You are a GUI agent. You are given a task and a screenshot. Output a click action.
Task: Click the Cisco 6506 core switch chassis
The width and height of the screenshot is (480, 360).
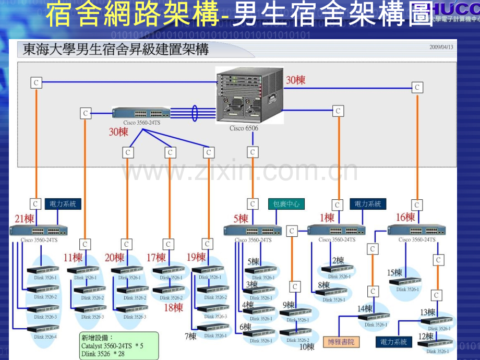click(x=250, y=95)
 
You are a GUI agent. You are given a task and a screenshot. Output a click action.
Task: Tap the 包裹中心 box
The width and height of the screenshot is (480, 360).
click(x=286, y=203)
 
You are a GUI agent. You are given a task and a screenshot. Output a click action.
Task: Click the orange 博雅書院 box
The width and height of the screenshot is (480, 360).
click(x=341, y=342)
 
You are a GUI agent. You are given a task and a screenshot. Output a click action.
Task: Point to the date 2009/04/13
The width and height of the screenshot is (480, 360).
click(x=441, y=46)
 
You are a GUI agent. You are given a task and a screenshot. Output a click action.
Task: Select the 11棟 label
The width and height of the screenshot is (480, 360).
click(x=73, y=257)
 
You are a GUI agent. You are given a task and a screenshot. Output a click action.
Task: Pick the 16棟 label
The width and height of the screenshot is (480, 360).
click(x=405, y=217)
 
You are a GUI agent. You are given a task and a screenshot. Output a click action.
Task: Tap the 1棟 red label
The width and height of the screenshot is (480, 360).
click(x=327, y=217)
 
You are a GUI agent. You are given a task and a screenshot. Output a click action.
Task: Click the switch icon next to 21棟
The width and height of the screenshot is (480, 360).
click(x=38, y=230)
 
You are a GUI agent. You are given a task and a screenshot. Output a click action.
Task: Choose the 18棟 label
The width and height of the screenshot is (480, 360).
click(x=174, y=307)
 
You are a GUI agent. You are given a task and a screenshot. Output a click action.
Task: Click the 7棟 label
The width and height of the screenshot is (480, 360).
click(x=190, y=337)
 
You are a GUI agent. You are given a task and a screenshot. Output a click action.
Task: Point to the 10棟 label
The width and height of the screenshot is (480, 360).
click(x=307, y=346)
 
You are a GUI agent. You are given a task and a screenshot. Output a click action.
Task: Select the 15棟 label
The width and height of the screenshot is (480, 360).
click(x=394, y=272)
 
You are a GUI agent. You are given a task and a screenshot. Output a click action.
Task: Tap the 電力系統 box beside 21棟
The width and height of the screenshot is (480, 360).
click(x=63, y=203)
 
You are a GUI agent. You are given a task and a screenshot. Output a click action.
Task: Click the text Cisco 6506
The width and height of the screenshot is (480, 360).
click(x=244, y=128)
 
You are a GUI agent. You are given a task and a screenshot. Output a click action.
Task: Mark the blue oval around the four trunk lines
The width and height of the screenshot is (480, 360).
click(x=196, y=113)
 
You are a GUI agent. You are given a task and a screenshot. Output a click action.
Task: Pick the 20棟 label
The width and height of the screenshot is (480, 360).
click(x=114, y=257)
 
